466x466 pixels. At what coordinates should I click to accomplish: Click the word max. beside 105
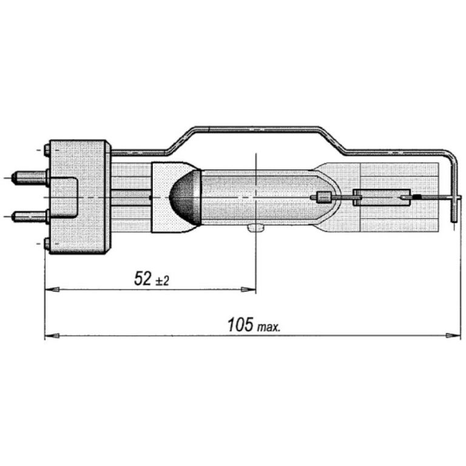pyautogui.click(x=268, y=328)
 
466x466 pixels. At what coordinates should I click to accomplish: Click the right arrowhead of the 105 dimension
pyautogui.click(x=452, y=336)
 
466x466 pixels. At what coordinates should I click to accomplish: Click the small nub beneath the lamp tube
pyautogui.click(x=255, y=228)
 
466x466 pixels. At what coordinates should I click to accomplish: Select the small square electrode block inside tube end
pyautogui.click(x=324, y=197)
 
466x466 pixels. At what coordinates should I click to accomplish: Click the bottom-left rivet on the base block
pyautogui.click(x=47, y=245)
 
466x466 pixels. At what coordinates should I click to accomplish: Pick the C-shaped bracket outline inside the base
pyautogui.click(x=70, y=197)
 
